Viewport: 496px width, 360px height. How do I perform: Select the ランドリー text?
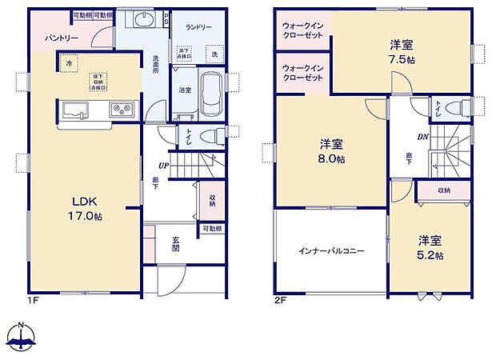pos(199,27)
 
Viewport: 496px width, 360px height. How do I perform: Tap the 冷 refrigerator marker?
pos(70,62)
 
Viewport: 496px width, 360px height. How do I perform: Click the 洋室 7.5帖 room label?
pos(402,51)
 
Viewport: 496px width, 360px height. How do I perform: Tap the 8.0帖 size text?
pos(332,160)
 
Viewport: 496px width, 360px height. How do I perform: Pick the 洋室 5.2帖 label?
pos(429,247)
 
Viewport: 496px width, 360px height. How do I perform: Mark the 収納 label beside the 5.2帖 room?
pos(443,190)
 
